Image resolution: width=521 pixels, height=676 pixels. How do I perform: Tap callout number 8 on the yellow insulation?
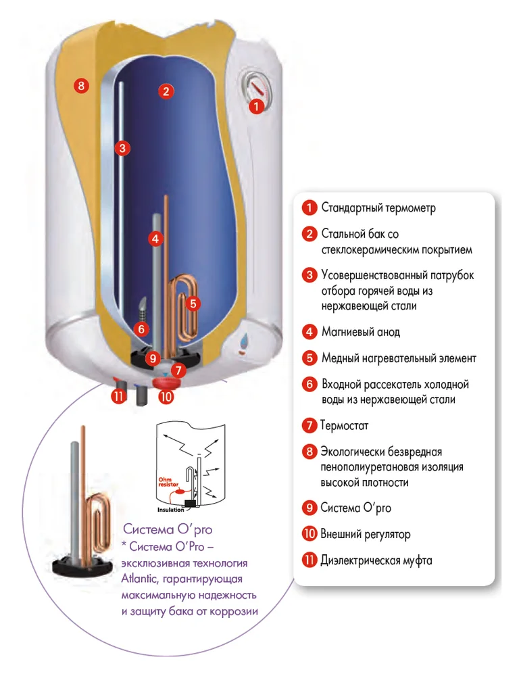tap(80, 86)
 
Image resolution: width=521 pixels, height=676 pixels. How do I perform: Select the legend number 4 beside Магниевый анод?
tap(309, 332)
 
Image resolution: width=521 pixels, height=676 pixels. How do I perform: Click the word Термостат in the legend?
tap(345, 426)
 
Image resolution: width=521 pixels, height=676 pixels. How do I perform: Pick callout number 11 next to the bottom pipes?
tap(119, 396)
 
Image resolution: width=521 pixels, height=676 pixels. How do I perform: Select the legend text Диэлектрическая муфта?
tap(376, 560)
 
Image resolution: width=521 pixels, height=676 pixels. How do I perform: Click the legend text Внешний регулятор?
tap(366, 534)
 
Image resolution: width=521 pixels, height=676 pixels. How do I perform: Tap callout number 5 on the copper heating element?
tap(193, 304)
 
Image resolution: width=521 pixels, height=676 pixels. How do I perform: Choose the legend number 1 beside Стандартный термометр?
tap(309, 207)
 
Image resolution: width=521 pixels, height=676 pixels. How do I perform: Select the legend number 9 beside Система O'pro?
tap(309, 508)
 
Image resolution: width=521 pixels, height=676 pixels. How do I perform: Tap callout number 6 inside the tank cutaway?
tap(141, 329)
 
